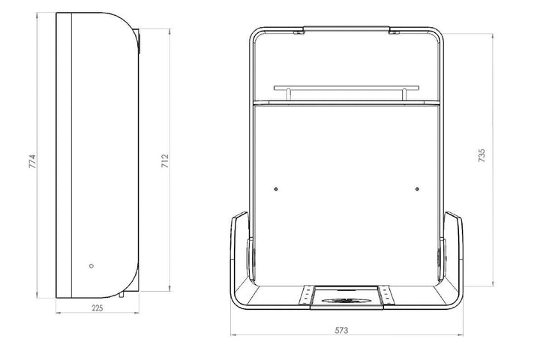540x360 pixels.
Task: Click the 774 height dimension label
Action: pyautogui.click(x=32, y=161)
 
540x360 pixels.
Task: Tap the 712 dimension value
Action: pyautogui.click(x=165, y=161)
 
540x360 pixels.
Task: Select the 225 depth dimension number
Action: pyautogui.click(x=97, y=308)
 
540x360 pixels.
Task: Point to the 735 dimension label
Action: pyautogui.click(x=481, y=155)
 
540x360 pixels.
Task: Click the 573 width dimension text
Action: pyautogui.click(x=341, y=330)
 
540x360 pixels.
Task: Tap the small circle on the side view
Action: pyautogui.click(x=91, y=266)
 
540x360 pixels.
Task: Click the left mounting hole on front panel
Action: pyautogui.click(x=276, y=189)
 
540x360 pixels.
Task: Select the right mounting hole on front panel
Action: pyautogui.click(x=418, y=189)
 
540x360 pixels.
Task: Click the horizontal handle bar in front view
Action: pyautogui.click(x=346, y=88)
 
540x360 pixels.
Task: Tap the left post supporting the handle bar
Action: pyautogui.click(x=288, y=94)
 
